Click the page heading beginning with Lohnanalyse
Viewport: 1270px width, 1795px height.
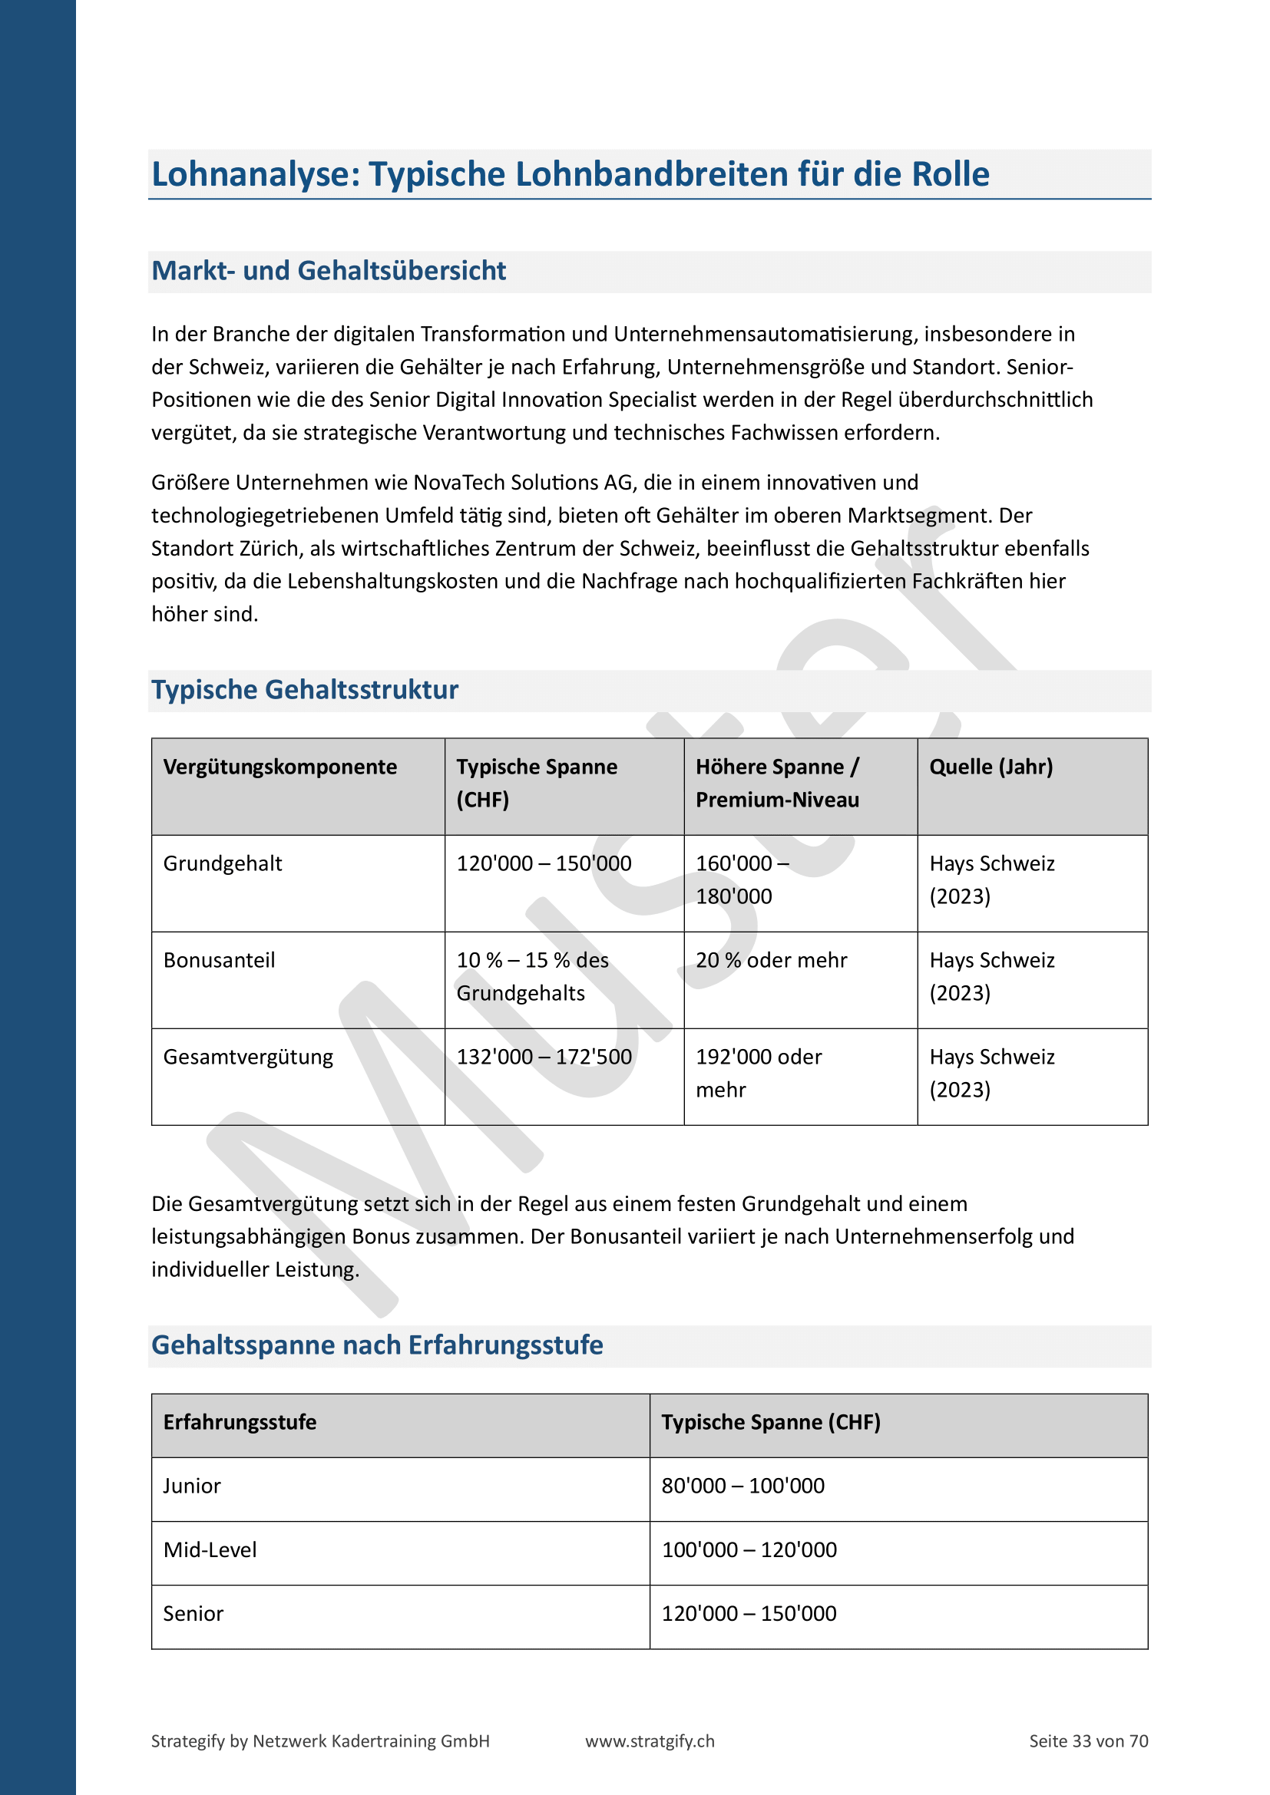pyautogui.click(x=570, y=174)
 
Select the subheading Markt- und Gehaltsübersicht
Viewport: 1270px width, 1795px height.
pyautogui.click(x=329, y=270)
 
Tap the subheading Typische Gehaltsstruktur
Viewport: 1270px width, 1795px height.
pyautogui.click(x=304, y=690)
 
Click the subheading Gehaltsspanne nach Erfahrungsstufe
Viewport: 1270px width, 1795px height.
pyautogui.click(x=377, y=1345)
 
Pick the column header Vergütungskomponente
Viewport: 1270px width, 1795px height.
pyautogui.click(x=280, y=767)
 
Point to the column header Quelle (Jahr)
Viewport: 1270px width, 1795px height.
pyautogui.click(x=991, y=767)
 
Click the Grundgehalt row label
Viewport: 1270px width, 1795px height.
pyautogui.click(x=223, y=864)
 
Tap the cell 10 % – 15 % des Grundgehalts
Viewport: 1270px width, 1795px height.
pyautogui.click(x=532, y=976)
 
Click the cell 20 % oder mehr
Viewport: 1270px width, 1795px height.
pyautogui.click(x=771, y=961)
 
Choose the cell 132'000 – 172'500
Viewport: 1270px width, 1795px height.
pyautogui.click(x=544, y=1057)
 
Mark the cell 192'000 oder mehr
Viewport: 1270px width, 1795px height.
pyautogui.click(x=758, y=1074)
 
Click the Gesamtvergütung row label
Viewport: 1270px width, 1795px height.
pyautogui.click(x=248, y=1057)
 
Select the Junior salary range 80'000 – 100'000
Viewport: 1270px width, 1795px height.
pyautogui.click(x=743, y=1486)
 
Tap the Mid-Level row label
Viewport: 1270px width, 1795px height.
pyautogui.click(x=210, y=1550)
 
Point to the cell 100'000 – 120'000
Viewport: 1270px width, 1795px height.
pyautogui.click(x=749, y=1550)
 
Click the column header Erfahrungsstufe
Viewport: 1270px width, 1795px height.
pyautogui.click(x=240, y=1422)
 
